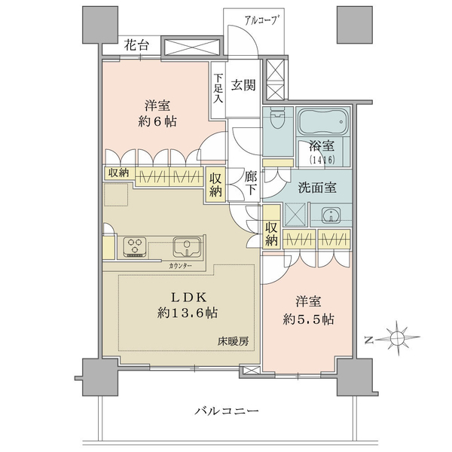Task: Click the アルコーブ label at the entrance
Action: coord(262,21)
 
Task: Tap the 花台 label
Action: coord(136,45)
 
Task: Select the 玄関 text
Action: coord(243,85)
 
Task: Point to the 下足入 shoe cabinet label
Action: coord(218,88)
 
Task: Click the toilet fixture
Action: coord(277,119)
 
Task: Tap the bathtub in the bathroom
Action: coord(322,121)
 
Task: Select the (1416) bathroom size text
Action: coord(322,160)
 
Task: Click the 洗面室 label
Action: coord(317,188)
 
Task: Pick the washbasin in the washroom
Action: coord(331,215)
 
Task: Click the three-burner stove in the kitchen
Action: coord(136,247)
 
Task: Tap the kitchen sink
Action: coord(187,246)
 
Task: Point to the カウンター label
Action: coord(181,266)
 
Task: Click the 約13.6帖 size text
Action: coord(188,313)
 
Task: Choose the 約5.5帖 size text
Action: coord(308,319)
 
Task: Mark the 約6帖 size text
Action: coord(157,121)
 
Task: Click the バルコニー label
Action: coord(227,411)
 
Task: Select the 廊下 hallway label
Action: coord(251,183)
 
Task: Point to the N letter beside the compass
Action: coord(368,341)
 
